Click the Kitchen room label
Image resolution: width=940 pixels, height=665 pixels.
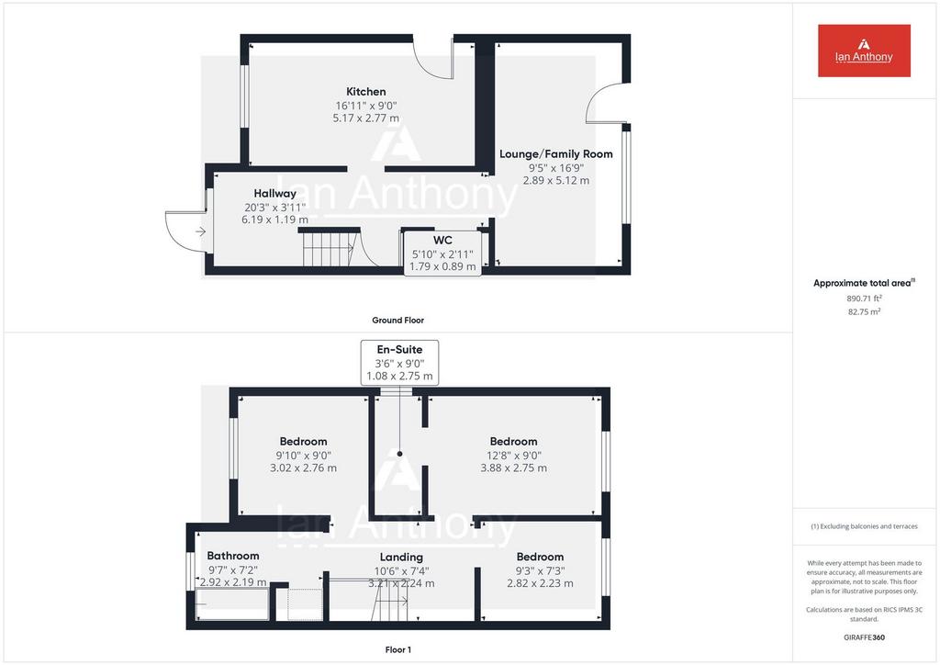click(365, 92)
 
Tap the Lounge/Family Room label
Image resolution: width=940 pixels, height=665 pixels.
click(556, 154)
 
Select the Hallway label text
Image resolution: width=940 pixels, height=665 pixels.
click(274, 194)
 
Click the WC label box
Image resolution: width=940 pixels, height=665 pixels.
click(442, 254)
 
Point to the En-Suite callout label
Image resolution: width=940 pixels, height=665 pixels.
click(399, 362)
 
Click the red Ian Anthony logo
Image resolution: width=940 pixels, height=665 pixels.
click(864, 51)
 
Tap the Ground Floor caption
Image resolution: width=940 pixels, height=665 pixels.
click(398, 321)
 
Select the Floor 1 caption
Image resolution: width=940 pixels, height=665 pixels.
click(398, 649)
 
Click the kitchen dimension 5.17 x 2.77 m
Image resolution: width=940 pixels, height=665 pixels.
click(365, 118)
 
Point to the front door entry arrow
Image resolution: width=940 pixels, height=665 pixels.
click(200, 231)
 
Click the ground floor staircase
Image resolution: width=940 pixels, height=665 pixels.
click(330, 249)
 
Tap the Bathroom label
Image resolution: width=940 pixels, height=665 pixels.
click(233, 556)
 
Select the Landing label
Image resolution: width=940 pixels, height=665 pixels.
click(401, 557)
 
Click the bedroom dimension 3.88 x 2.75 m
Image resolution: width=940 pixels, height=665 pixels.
click(514, 468)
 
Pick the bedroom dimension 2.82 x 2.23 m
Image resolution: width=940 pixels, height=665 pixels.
click(540, 583)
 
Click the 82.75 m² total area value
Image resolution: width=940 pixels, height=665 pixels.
click(864, 311)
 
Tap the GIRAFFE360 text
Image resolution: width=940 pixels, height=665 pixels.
click(864, 637)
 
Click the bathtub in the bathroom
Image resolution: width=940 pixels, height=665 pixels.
click(232, 604)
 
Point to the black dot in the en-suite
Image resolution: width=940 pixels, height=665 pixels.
click(399, 454)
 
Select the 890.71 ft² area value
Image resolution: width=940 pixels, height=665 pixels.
click(864, 298)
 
